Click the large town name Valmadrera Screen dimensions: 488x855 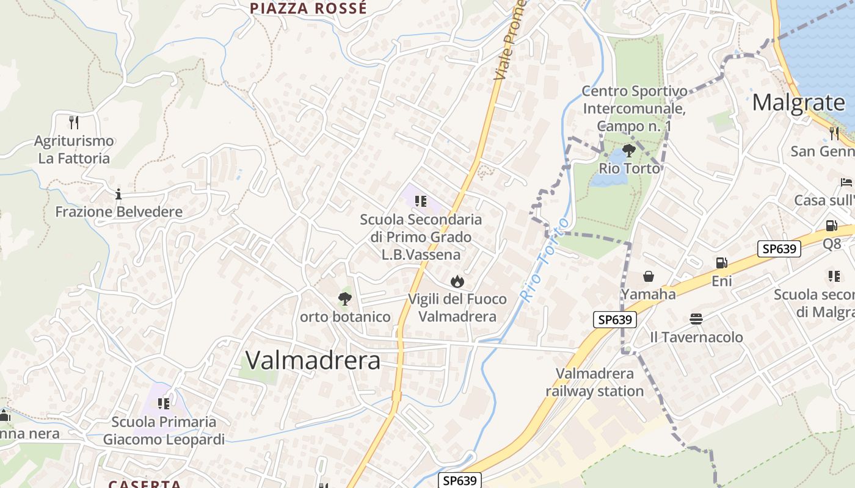(x=313, y=361)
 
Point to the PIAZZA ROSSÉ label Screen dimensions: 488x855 (x=308, y=9)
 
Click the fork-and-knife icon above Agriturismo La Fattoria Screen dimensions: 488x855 (x=74, y=123)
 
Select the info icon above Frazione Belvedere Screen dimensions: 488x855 (x=118, y=195)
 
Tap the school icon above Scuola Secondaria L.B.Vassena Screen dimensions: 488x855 (x=420, y=201)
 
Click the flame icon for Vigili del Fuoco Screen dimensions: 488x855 (x=457, y=281)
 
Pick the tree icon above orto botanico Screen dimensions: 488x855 (x=344, y=299)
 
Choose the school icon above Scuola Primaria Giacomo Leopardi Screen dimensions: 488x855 (x=163, y=403)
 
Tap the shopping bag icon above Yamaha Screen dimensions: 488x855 (x=648, y=277)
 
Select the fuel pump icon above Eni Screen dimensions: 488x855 (x=721, y=263)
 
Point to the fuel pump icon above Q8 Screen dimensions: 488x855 (x=831, y=226)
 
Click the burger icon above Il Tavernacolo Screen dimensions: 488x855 (x=696, y=319)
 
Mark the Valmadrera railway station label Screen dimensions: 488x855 (x=595, y=382)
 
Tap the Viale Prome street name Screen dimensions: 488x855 (x=510, y=40)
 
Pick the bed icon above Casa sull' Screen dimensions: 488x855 (x=846, y=182)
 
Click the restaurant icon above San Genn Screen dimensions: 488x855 (x=834, y=132)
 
